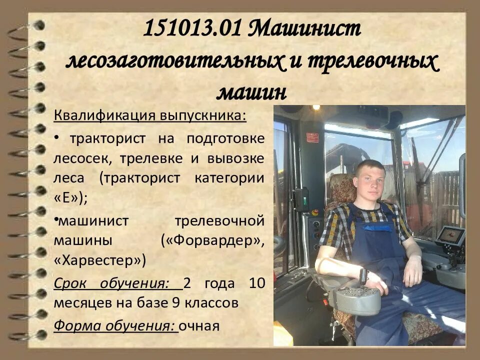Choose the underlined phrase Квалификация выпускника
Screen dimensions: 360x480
pos(150,116)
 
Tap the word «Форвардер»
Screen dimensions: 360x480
pos(213,240)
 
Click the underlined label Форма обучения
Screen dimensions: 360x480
pos(115,326)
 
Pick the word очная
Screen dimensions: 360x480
pos(199,326)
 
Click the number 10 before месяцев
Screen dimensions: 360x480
pos(256,284)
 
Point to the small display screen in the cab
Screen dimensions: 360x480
pos(450,235)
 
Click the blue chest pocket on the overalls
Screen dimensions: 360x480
pos(378,227)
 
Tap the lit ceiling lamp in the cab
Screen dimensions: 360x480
pos(316,107)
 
